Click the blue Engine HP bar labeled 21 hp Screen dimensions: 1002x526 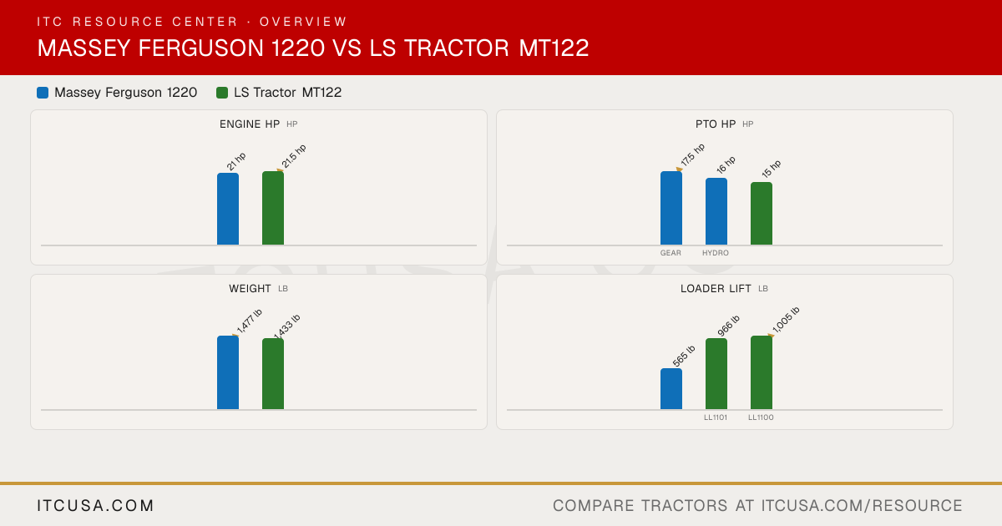(x=228, y=209)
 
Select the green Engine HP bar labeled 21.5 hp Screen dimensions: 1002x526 (x=273, y=208)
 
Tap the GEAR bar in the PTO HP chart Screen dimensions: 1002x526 (x=671, y=208)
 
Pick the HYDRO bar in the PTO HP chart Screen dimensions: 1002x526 (x=716, y=211)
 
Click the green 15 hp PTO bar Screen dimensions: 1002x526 (x=762, y=214)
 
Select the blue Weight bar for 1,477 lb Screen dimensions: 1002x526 (x=228, y=372)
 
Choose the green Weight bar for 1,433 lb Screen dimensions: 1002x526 (x=273, y=374)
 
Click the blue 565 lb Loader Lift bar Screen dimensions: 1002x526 (x=671, y=389)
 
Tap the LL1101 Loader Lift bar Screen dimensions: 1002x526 (x=716, y=374)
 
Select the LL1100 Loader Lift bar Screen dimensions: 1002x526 (x=762, y=372)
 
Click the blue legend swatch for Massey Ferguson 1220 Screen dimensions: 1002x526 (x=43, y=93)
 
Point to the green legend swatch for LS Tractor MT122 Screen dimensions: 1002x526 (x=222, y=93)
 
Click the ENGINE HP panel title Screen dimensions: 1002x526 (x=250, y=124)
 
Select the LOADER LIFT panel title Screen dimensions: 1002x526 (x=716, y=289)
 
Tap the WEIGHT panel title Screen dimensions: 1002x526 (x=250, y=289)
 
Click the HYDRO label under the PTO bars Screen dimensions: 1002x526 (x=716, y=253)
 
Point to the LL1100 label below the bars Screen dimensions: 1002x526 (x=761, y=417)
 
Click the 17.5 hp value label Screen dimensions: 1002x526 (x=693, y=154)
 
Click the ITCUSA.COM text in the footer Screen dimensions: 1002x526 (x=95, y=505)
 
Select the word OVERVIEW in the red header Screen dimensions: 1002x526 (x=303, y=22)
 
